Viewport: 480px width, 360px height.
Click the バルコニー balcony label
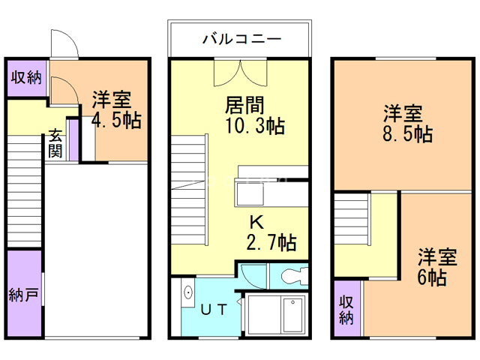click(x=241, y=38)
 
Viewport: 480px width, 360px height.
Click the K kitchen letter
click(x=256, y=222)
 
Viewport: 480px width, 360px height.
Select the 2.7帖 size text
click(x=271, y=241)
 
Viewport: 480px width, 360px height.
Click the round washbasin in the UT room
click(x=187, y=293)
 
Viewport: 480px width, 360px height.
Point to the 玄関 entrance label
click(x=56, y=143)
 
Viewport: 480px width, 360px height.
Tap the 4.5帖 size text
click(x=116, y=121)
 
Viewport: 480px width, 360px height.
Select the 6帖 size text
click(x=432, y=277)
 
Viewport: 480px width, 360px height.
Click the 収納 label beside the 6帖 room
click(x=346, y=310)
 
